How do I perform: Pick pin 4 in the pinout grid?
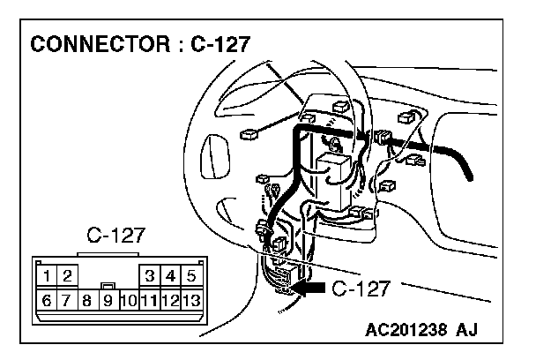[x=170, y=277]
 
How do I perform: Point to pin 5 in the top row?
[x=190, y=277]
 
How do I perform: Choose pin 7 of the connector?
[x=66, y=300]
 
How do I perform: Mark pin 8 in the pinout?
[x=86, y=300]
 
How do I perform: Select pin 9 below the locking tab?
[x=107, y=301]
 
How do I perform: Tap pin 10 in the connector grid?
[x=128, y=300]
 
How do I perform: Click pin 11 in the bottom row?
[x=149, y=300]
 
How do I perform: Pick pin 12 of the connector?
[x=170, y=300]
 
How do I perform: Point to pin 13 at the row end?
[x=190, y=300]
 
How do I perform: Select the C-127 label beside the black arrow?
[x=360, y=287]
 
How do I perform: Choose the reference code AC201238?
[x=411, y=334]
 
